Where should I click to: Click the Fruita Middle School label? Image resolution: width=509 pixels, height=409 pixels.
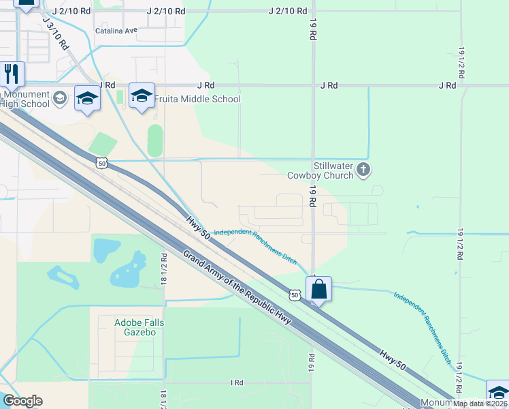click(x=197, y=99)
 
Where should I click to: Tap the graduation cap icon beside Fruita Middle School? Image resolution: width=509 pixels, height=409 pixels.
click(x=142, y=96)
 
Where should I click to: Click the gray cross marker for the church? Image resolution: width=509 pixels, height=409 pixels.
click(x=363, y=169)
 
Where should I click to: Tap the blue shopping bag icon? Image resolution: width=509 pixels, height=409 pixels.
click(x=318, y=289)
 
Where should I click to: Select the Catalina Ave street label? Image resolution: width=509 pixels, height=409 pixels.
click(x=116, y=31)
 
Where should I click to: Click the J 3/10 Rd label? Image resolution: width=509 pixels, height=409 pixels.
click(x=55, y=33)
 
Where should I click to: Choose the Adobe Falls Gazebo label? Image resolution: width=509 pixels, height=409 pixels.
click(x=126, y=327)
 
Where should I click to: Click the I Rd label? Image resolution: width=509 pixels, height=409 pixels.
click(x=237, y=383)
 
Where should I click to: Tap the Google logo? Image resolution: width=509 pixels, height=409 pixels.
click(x=22, y=401)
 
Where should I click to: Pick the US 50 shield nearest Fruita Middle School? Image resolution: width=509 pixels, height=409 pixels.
click(x=101, y=163)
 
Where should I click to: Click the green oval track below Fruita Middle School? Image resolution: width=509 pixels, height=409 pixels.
click(x=154, y=140)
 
